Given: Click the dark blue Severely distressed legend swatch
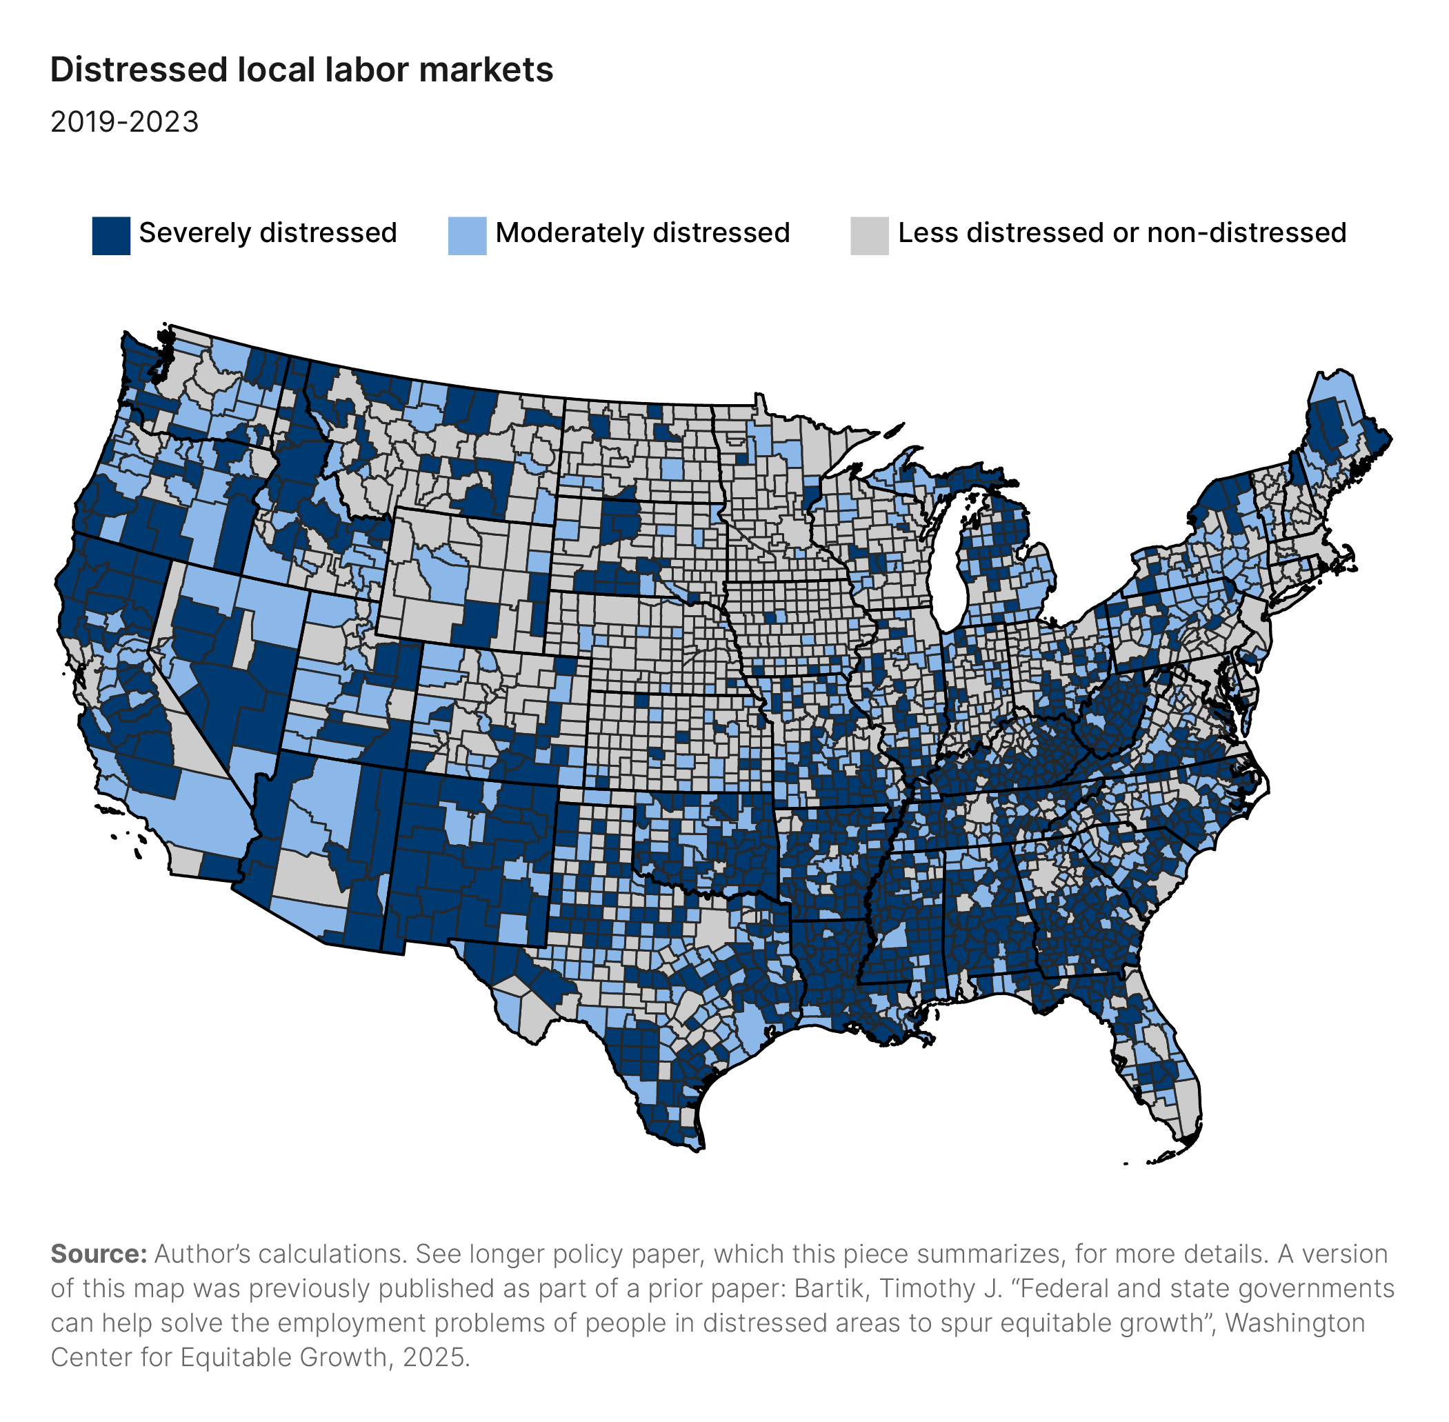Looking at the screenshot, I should (111, 236).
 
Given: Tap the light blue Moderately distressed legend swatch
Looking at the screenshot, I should (467, 236).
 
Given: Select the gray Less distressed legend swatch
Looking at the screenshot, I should (870, 236).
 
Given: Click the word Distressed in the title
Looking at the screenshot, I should (139, 70).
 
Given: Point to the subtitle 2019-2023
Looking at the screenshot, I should (125, 122).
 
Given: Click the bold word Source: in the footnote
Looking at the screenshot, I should (99, 1254).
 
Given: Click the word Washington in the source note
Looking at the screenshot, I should (1295, 1323).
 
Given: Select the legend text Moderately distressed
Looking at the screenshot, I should (642, 233).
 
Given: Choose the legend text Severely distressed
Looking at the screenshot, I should (268, 233).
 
